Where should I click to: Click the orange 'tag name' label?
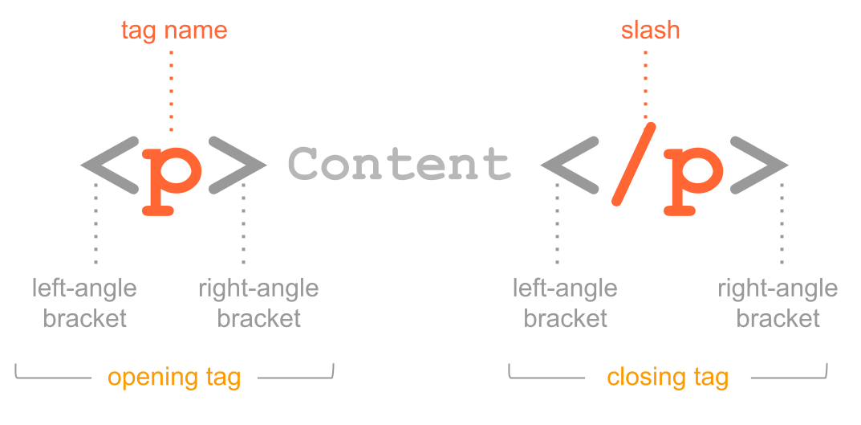(x=174, y=31)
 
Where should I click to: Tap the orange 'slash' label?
(x=650, y=31)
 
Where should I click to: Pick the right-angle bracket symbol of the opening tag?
(x=238, y=166)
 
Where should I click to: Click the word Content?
(x=399, y=165)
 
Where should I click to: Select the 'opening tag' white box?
(x=174, y=377)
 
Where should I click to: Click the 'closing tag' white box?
(x=668, y=377)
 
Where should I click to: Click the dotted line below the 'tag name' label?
(x=171, y=88)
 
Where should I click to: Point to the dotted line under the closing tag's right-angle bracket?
(x=782, y=225)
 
